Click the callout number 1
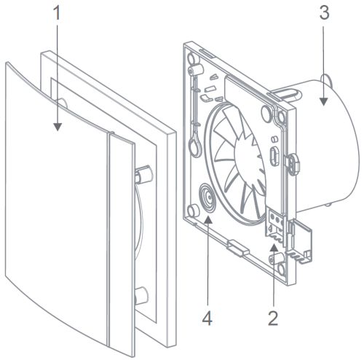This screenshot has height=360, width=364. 57,13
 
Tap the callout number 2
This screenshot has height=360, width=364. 273,318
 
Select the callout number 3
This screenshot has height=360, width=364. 324,12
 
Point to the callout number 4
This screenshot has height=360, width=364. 207,318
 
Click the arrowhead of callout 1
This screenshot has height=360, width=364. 58,127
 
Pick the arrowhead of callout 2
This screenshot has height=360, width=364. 274,248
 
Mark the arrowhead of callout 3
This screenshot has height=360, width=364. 323,102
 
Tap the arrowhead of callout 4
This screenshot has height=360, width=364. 208,219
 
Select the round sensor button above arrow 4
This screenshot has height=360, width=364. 207,198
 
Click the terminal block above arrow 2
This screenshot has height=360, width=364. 275,225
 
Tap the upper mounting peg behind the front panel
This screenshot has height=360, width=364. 144,174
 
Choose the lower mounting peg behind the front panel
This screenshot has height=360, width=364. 141,296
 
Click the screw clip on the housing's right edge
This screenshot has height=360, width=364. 293,163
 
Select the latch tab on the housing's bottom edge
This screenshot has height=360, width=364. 238,248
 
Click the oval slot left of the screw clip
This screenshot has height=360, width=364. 274,157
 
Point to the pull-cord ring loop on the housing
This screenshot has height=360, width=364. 195,146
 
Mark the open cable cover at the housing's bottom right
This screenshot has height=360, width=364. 299,241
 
